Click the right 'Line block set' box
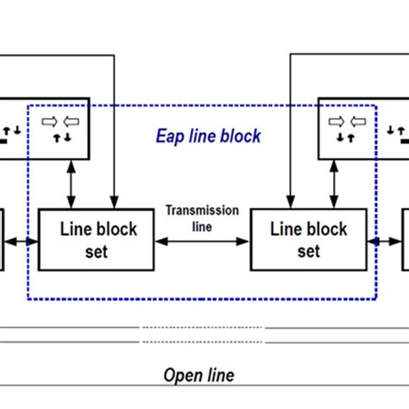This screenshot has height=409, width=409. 308,240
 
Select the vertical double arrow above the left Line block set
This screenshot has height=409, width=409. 66,184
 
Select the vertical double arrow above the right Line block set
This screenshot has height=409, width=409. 336,184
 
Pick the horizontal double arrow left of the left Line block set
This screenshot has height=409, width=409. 23,242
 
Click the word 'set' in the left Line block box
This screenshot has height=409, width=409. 98,252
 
